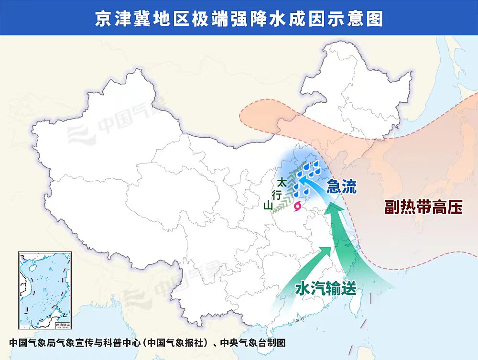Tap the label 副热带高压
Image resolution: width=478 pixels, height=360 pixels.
pos(424,207)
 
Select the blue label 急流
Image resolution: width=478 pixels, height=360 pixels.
pos(341,187)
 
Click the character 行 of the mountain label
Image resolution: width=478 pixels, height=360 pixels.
pos(276,194)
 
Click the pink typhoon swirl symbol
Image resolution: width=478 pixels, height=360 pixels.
pos(298,206)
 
